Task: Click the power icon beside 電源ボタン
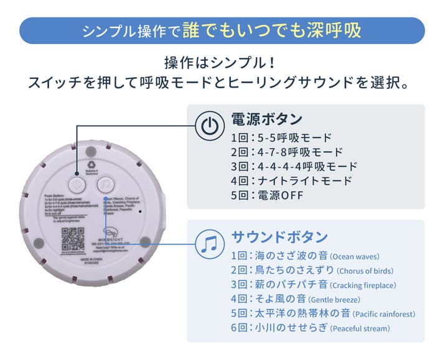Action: click(x=209, y=126)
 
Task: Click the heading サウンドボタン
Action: click(x=279, y=237)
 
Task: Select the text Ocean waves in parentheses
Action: click(x=354, y=256)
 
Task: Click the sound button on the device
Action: click(x=106, y=185)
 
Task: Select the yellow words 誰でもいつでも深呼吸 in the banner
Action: click(x=277, y=30)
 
